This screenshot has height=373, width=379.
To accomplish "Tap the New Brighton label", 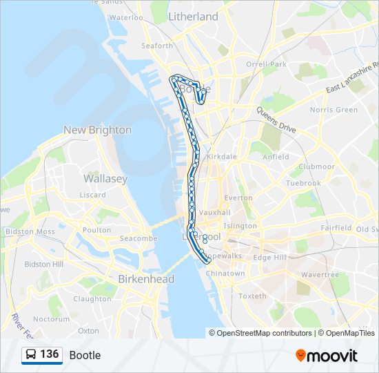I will (x=97, y=130).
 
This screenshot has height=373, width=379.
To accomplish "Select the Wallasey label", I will (x=105, y=178).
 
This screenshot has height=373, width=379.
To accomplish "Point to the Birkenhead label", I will (x=146, y=279).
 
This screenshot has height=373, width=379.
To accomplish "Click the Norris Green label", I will (x=334, y=110).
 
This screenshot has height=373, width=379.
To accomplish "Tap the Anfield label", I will (x=276, y=157).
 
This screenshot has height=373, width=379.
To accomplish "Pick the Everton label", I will (x=238, y=198).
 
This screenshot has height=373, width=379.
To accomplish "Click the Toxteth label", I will (x=252, y=296).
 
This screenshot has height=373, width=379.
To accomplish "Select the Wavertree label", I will (x=320, y=274).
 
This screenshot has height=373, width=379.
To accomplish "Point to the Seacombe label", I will (x=139, y=238).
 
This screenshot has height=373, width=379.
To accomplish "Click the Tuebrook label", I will (x=304, y=184).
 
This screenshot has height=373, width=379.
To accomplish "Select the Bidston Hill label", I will (x=43, y=264).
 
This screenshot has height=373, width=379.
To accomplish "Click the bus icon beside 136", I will (x=31, y=355).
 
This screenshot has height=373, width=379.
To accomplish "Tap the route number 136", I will (x=50, y=354).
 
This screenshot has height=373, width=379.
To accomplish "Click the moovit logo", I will (x=327, y=356).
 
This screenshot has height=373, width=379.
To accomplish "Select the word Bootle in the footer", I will (x=85, y=355).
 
